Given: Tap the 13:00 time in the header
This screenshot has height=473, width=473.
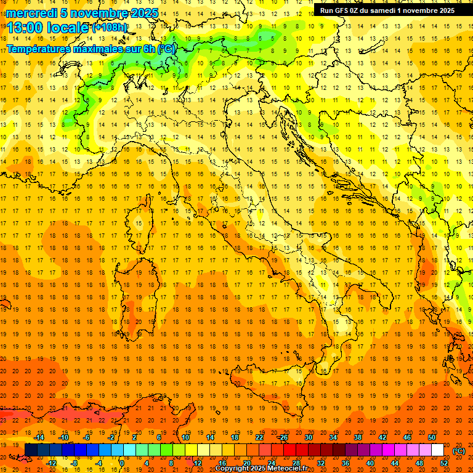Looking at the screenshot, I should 25,28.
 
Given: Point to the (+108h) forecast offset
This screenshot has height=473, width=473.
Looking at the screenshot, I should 110,28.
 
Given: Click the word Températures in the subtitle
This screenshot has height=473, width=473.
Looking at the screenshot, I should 39,48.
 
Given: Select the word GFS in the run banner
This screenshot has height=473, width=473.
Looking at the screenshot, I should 345,10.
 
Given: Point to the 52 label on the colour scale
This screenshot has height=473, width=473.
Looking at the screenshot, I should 444,463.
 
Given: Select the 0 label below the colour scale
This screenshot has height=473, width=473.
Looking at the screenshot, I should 123,463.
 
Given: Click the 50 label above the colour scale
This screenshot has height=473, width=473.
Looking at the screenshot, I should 432,437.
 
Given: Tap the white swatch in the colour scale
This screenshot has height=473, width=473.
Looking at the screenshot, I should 437,450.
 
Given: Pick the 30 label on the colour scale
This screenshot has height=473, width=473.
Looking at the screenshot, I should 309,437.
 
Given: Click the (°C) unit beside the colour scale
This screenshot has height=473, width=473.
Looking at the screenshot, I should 459,450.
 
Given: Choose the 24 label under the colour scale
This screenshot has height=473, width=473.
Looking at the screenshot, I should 271,463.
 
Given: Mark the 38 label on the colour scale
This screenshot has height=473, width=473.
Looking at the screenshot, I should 358,437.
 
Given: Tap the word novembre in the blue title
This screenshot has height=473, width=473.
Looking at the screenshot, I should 101,13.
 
